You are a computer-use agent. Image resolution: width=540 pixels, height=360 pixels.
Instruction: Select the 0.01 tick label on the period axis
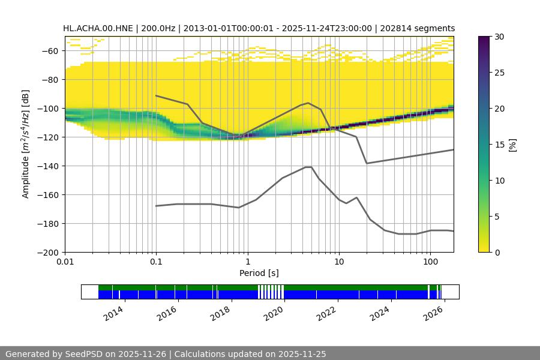pyautogui.click(x=65, y=262)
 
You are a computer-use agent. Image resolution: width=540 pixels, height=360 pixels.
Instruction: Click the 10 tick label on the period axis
pyautogui.click(x=339, y=262)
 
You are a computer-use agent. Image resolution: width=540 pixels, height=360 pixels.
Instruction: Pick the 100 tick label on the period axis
pyautogui.click(x=430, y=262)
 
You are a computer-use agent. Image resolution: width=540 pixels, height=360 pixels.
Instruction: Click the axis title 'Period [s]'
pyautogui.click(x=259, y=273)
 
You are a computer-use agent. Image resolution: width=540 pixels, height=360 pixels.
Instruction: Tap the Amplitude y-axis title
pyautogui.click(x=25, y=145)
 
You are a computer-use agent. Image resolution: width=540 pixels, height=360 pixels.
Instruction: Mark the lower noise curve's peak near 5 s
pyautogui.click(x=308, y=167)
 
